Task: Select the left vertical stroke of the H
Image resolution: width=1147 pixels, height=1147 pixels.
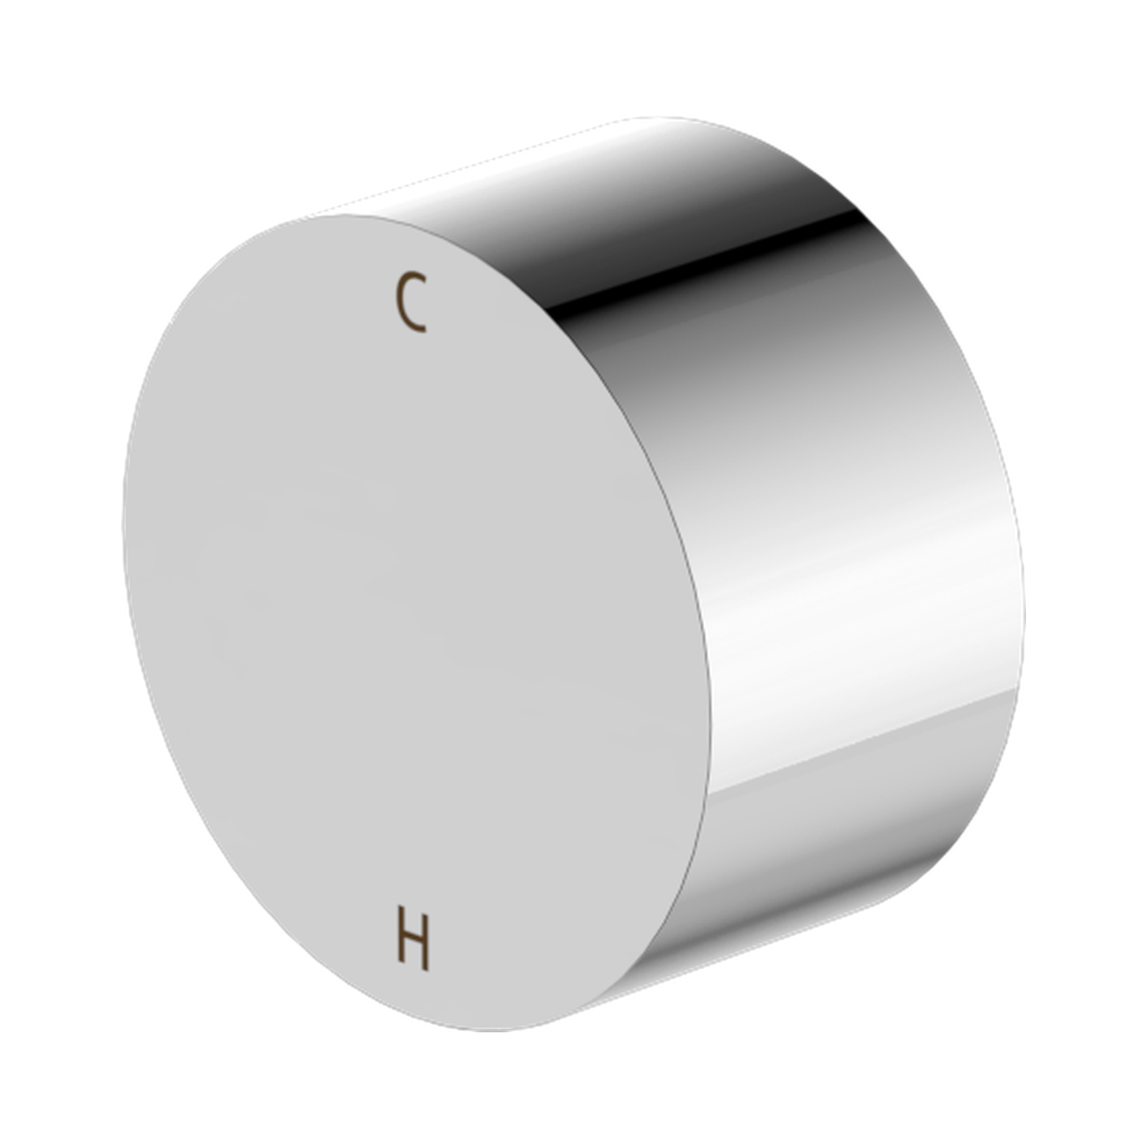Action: click(401, 944)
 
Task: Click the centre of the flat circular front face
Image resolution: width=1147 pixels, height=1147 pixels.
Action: click(416, 623)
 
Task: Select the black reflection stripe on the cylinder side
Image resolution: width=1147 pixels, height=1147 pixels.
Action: click(712, 267)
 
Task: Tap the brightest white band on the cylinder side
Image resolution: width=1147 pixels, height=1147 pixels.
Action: click(861, 594)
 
